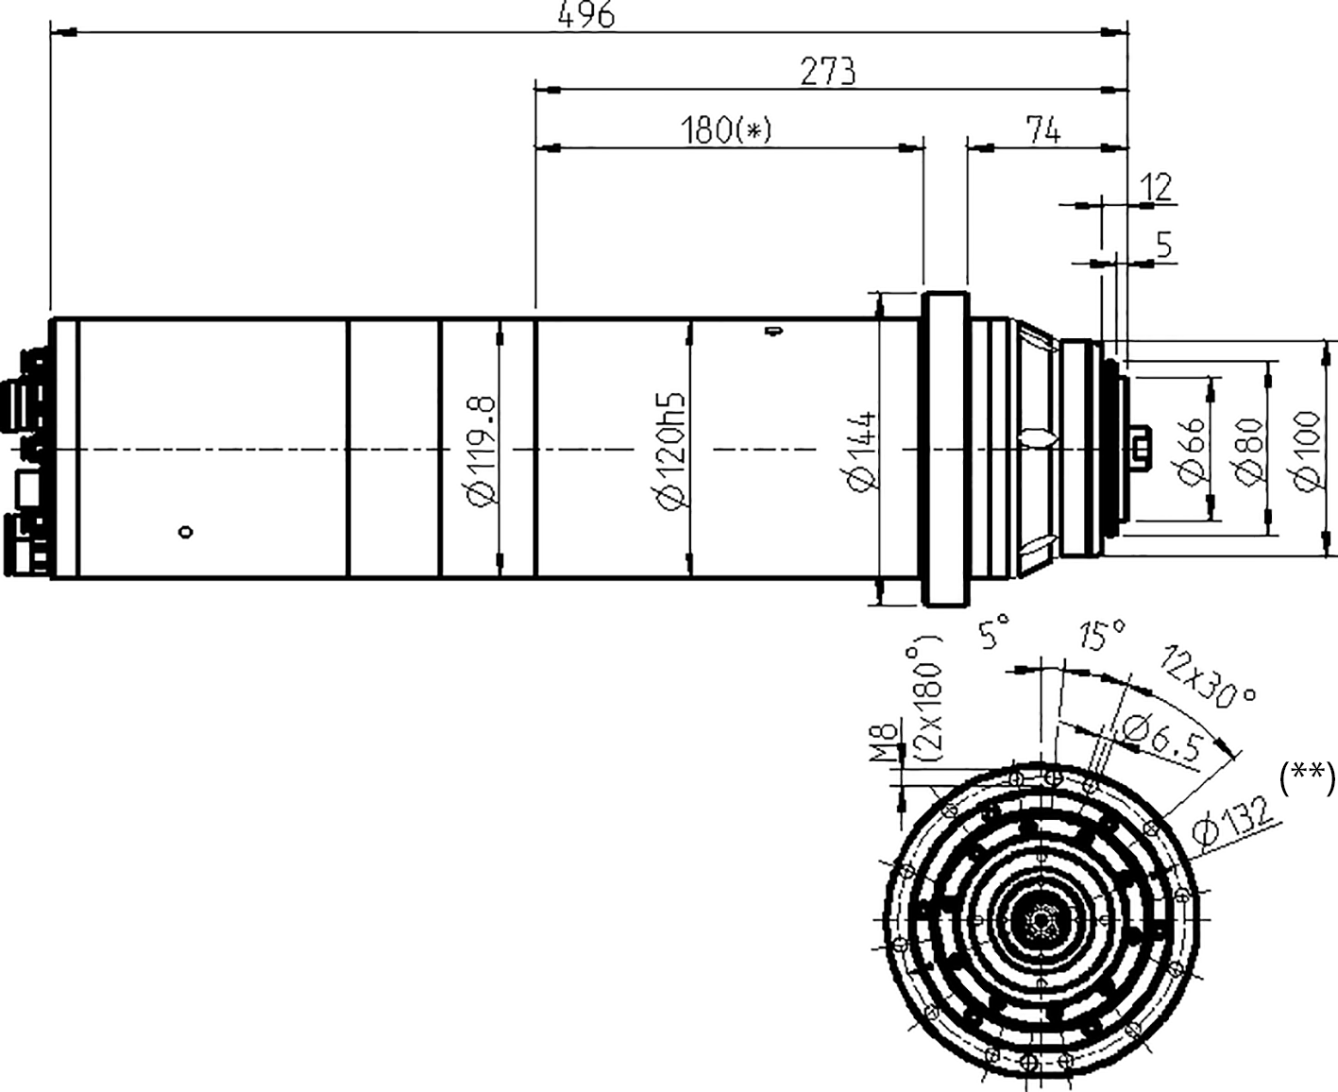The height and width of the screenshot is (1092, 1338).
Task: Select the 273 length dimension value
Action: tap(827, 72)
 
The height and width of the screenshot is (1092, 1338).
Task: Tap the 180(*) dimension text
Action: tap(725, 130)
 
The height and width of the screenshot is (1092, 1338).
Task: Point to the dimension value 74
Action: tap(1042, 130)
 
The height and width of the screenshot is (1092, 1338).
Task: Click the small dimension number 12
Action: tap(1157, 187)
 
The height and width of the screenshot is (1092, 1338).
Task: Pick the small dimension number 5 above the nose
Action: tap(1163, 246)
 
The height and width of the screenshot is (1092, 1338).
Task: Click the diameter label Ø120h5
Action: tap(669, 450)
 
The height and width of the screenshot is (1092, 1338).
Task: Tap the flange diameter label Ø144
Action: tap(861, 450)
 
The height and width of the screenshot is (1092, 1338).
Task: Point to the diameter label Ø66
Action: tap(1192, 450)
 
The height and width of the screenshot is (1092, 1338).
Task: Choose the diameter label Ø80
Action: tap(1248, 450)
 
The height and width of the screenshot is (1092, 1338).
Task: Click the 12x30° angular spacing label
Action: tap(1209, 676)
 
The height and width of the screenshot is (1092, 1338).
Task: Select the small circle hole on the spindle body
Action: tap(186, 533)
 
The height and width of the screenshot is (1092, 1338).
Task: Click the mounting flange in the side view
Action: tap(944, 448)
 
